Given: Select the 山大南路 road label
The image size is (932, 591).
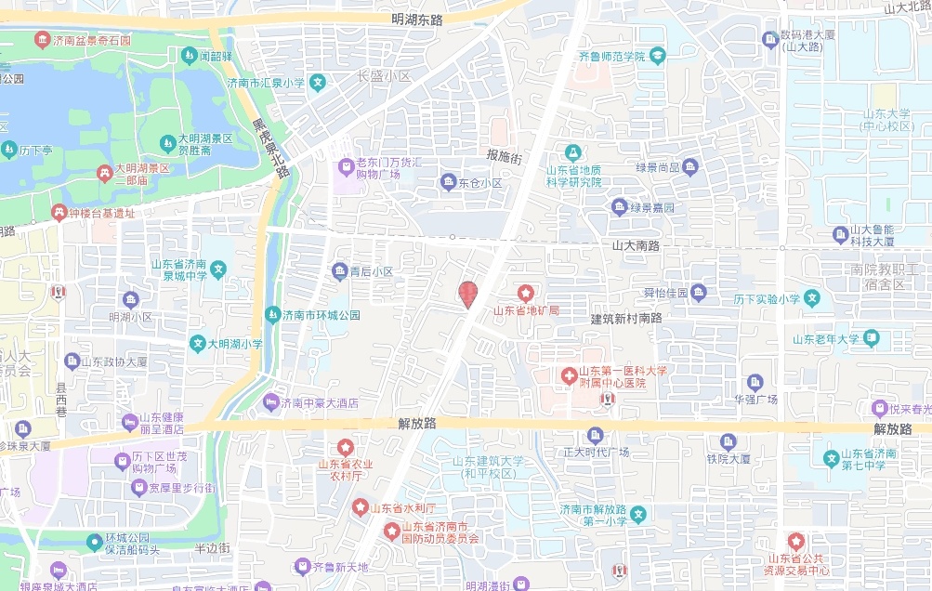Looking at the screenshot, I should coord(636,245).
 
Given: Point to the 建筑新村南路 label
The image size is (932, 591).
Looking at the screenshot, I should coord(626,318).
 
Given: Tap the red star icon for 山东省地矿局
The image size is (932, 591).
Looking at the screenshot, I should coord(526,294).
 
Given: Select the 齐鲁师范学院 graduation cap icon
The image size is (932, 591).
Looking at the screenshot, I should coord(658,57).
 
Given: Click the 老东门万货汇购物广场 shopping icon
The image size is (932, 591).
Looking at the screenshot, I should coord(345,164).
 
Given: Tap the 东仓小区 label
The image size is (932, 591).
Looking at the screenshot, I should coord(479,183).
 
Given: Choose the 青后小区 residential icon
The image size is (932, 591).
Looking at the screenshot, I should coord(339,271).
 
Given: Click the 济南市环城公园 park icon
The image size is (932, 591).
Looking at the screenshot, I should coord(272,314).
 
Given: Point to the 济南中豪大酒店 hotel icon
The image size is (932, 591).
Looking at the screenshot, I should coord(271,402).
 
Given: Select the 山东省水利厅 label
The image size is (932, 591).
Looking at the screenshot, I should coord(403,507).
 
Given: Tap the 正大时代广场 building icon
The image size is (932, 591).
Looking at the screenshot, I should coord(596,435).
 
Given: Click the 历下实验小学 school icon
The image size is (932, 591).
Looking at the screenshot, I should coord(812,299).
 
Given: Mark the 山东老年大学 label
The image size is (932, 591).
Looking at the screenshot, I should coord(826,339).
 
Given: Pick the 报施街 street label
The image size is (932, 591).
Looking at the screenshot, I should coord(505,156).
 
